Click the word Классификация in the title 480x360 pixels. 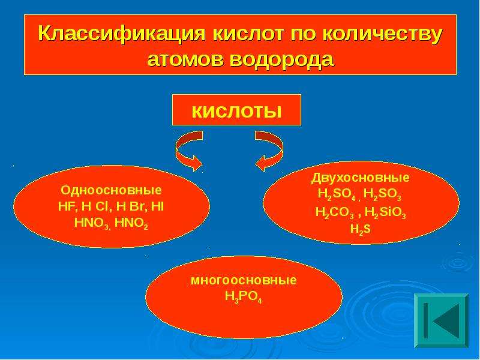point(122,33)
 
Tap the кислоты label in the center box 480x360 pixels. point(236,111)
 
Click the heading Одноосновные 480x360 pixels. point(111,190)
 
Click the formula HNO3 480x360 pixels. point(92,223)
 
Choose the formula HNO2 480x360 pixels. point(131,223)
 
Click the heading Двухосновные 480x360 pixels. point(361,178)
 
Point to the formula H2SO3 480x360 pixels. point(382,194)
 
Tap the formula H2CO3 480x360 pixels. point(334,212)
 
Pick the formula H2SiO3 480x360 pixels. point(385,212)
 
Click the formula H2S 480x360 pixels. point(361,229)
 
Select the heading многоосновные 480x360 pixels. point(244,280)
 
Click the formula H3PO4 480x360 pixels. point(244,296)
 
